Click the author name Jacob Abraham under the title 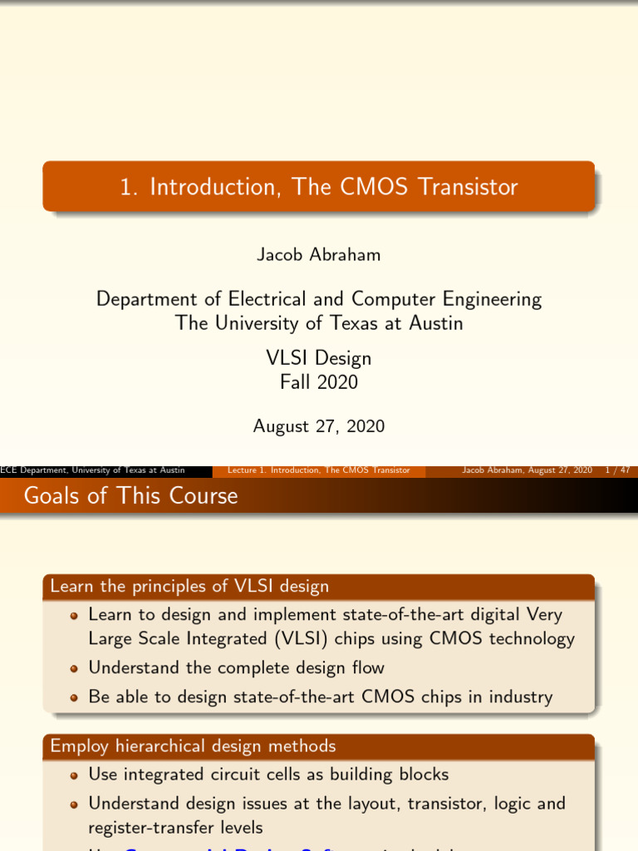tap(318, 255)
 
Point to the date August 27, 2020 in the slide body tap(318, 426)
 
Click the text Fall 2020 tap(318, 382)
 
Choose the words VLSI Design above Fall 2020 tap(318, 359)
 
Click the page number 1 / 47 tap(617, 470)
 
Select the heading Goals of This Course tap(130, 496)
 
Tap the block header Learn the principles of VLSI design tap(189, 587)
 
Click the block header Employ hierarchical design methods tap(193, 746)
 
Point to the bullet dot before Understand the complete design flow tap(74, 668)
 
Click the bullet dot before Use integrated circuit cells tap(74, 775)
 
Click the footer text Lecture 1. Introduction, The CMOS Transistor tap(319, 470)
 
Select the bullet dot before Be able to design tap(74, 697)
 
